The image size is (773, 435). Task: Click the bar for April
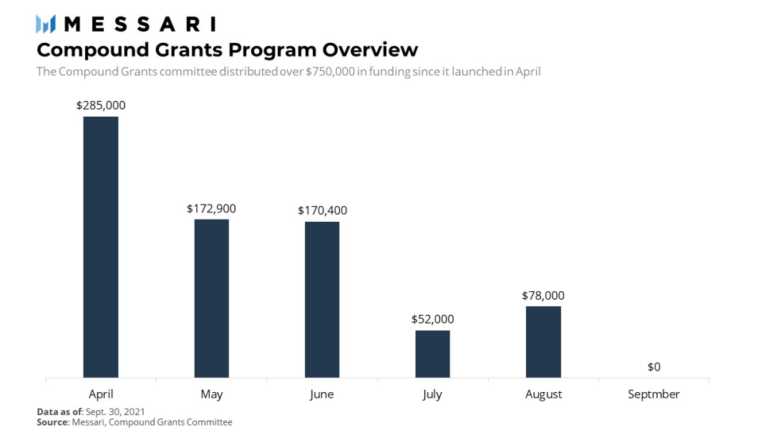(x=101, y=247)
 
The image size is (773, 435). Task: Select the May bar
(x=211, y=298)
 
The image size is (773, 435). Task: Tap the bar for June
(x=322, y=299)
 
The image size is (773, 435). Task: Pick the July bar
(x=432, y=353)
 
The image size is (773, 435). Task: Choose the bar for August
(x=543, y=341)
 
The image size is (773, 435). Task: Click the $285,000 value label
(x=101, y=105)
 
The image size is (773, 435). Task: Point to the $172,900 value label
(x=211, y=209)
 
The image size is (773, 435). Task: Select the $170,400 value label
(x=322, y=210)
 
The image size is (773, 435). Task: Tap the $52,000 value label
(x=432, y=319)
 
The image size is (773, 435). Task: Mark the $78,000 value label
(x=543, y=295)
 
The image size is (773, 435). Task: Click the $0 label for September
(x=653, y=367)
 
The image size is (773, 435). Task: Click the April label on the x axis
(x=101, y=394)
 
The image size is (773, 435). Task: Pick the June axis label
(x=322, y=394)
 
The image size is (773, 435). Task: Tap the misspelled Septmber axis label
(x=653, y=394)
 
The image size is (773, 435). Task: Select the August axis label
(x=543, y=394)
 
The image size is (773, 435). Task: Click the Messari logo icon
(x=46, y=24)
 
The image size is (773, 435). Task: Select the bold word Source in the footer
(x=52, y=422)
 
